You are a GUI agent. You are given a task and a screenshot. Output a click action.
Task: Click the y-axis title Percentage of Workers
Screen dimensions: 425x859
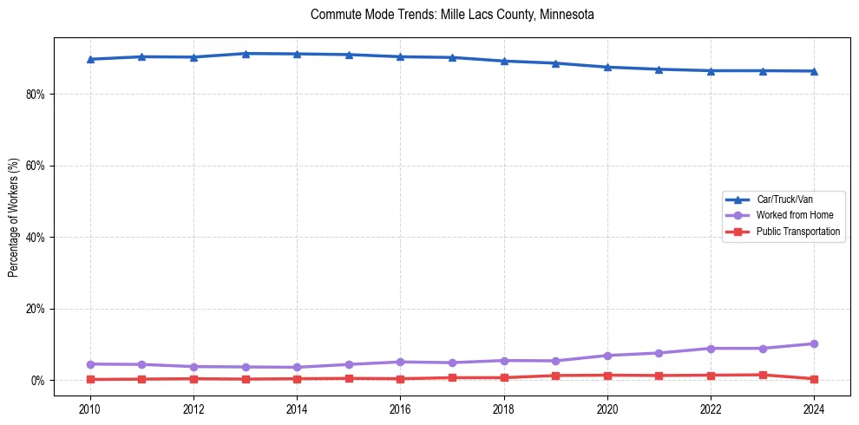(13, 217)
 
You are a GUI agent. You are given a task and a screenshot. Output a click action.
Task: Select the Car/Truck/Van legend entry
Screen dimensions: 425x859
(784, 199)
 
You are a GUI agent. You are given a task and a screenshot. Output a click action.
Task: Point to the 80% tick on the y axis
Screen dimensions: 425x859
(36, 94)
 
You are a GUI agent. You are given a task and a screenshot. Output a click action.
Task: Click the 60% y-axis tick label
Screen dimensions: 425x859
(36, 166)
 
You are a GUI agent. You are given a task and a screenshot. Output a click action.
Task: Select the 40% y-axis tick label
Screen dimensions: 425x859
(36, 237)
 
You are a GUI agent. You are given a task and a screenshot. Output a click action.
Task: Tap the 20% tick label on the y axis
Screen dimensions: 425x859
(36, 309)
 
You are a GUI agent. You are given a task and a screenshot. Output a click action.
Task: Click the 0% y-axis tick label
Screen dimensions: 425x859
(38, 381)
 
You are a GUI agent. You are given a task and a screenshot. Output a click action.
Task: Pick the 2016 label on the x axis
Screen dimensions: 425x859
(400, 409)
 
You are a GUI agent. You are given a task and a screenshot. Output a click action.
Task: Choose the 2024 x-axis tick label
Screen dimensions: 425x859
(814, 409)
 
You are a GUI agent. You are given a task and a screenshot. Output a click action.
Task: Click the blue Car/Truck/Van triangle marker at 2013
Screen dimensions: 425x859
(246, 54)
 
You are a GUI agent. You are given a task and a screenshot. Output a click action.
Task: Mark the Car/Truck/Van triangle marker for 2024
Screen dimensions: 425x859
(814, 71)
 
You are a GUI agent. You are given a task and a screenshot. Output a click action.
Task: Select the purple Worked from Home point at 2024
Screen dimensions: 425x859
(814, 344)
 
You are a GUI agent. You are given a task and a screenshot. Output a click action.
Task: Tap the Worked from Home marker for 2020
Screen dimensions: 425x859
(607, 356)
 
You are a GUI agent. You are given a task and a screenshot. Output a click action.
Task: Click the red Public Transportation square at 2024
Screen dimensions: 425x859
(814, 379)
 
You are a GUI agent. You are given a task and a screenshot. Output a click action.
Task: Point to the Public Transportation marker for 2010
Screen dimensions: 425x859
(89, 379)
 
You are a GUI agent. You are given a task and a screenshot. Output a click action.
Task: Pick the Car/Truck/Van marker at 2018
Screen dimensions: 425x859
(504, 61)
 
